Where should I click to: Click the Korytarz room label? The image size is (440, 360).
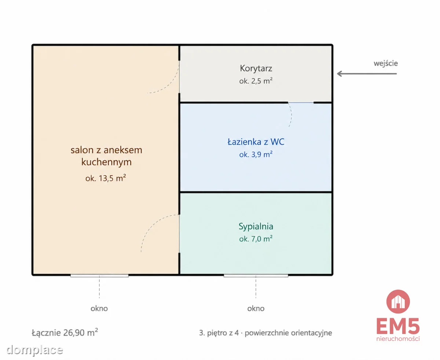tap(256, 69)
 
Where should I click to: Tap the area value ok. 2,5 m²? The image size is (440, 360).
tap(256, 81)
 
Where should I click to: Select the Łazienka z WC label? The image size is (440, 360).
tap(256, 142)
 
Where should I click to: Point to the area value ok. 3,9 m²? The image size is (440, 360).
tap(256, 154)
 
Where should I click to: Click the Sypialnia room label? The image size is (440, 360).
tap(256, 227)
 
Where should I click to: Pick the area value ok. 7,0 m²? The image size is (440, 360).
tap(256, 239)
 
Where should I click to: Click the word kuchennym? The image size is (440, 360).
tap(106, 162)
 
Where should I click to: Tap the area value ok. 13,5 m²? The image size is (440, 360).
tap(106, 178)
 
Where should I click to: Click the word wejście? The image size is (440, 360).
tap(385, 63)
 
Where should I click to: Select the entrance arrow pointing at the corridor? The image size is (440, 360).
tap(367, 74)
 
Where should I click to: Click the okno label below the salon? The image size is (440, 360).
tap(99, 308)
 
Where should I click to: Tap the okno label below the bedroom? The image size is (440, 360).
tap(256, 308)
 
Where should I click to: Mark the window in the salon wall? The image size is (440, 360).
tap(99, 276)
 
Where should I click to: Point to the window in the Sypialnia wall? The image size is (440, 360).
tap(256, 276)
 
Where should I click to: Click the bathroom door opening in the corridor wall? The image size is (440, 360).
tap(301, 102)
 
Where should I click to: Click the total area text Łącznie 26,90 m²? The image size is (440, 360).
tap(65, 333)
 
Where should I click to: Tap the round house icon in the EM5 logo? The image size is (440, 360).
tap(398, 301)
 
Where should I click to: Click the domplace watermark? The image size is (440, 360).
tap(34, 350)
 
